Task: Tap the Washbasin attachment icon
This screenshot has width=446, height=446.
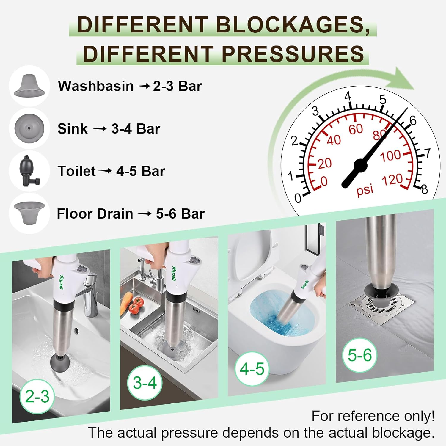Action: tap(29, 86)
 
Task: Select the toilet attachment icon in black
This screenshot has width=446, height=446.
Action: tap(29, 171)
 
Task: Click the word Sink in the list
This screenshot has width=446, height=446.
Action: tap(73, 129)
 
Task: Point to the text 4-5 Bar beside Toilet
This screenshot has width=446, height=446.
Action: tap(140, 171)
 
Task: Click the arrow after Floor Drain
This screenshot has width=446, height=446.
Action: tap(145, 214)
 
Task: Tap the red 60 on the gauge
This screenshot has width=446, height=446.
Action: tap(356, 129)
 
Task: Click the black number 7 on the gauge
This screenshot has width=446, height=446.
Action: tap(427, 153)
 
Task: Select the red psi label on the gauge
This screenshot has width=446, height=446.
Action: tap(365, 189)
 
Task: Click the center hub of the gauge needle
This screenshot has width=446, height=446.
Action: tap(360, 166)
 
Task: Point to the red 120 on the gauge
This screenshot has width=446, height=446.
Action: tap(392, 180)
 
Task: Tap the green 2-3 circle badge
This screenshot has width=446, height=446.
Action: tap(37, 396)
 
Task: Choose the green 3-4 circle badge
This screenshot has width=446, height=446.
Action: tap(145, 383)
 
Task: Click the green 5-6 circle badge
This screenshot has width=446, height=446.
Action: tap(360, 355)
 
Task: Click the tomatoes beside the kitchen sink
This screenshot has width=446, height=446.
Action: tap(137, 305)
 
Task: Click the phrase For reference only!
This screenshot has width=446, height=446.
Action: tap(373, 416)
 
